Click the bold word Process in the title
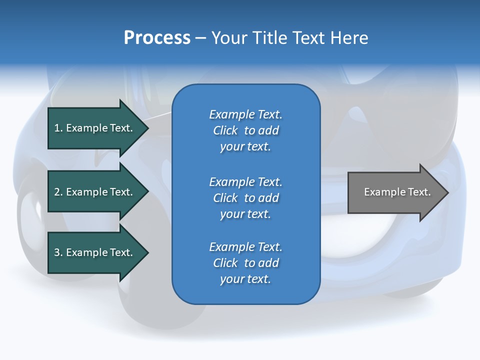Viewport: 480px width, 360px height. tap(157, 38)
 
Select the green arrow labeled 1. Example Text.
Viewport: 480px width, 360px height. tap(93, 128)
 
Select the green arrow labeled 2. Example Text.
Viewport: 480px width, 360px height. tap(93, 192)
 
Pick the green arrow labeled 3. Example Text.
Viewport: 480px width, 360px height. tap(93, 252)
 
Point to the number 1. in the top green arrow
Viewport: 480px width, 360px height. tap(58, 128)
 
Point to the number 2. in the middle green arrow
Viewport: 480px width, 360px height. tap(58, 192)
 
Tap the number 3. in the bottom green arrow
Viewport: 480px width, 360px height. tap(58, 252)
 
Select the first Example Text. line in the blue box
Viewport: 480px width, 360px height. tap(245, 114)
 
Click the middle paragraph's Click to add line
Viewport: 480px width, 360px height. tap(245, 198)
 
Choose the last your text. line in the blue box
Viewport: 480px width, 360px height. tap(245, 279)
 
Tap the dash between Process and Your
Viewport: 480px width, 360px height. tap(200, 38)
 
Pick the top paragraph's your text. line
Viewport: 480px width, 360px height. tap(245, 146)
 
